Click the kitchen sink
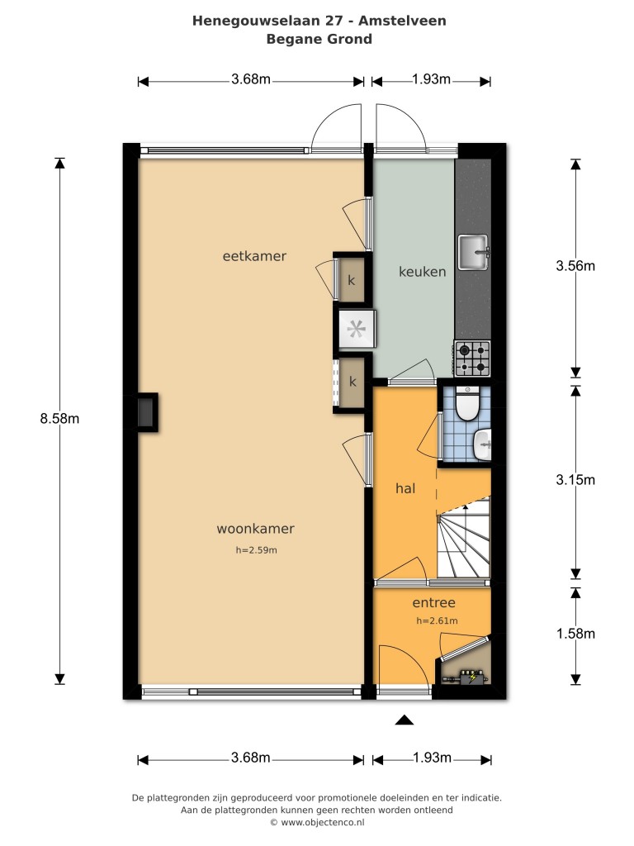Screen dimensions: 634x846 (x=473, y=252)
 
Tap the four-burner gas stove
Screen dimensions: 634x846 (x=472, y=359)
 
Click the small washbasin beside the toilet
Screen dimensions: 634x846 (x=482, y=444)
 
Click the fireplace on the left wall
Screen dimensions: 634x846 (x=145, y=413)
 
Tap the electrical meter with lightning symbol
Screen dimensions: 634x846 (x=473, y=677)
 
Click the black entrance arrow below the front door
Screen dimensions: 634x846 (x=405, y=720)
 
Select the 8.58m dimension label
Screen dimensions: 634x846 (x=59, y=418)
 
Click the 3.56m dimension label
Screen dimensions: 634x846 (x=575, y=265)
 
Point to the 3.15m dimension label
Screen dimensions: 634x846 (x=575, y=480)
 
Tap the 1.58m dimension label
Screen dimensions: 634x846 (x=575, y=634)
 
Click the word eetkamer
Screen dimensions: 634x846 (x=254, y=256)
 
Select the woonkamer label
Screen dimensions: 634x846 (x=256, y=529)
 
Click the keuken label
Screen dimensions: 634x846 (x=422, y=271)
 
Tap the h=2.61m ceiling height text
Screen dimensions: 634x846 (x=437, y=621)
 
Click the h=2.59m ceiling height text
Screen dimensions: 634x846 (x=257, y=550)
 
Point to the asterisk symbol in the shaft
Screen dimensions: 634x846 (x=356, y=329)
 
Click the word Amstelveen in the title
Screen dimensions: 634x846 (x=402, y=21)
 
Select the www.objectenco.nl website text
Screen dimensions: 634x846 (x=323, y=823)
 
